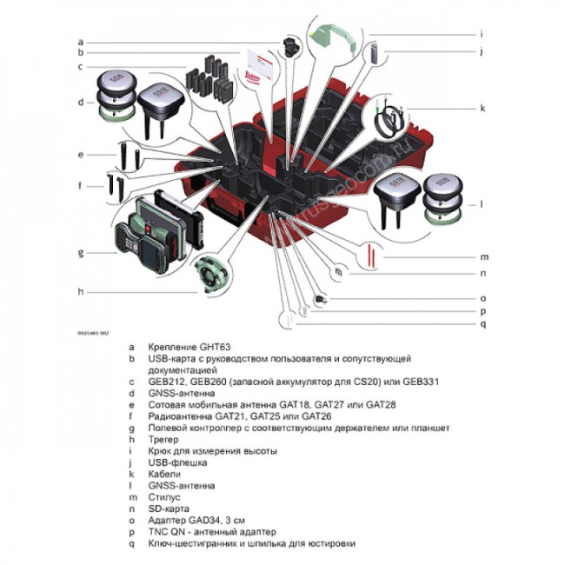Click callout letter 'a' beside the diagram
click(80, 41)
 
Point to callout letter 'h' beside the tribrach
click(80, 291)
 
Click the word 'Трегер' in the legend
click(163, 440)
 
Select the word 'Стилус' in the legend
click(163, 497)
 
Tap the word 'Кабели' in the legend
click(164, 475)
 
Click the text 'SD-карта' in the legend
click(169, 508)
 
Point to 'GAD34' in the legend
click(206, 520)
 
